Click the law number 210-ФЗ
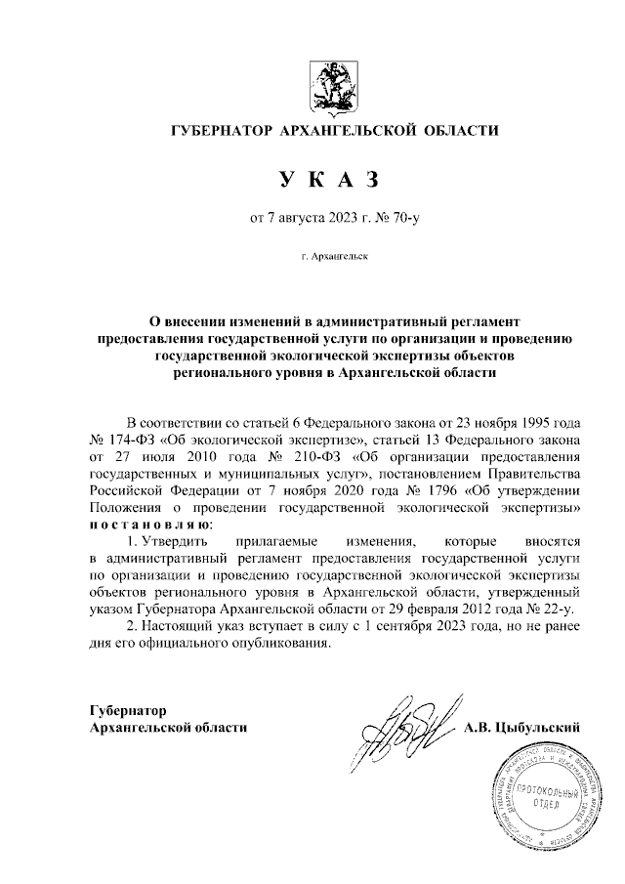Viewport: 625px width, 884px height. pos(301,458)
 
